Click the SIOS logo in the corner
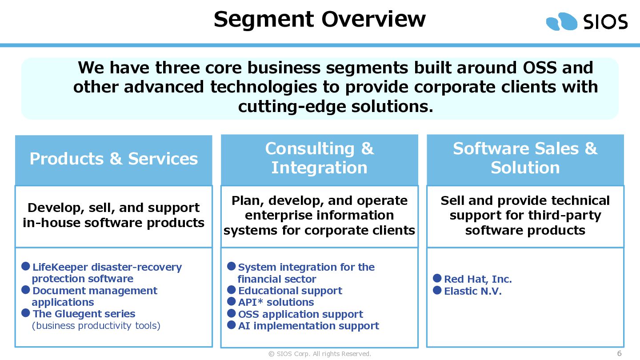587,21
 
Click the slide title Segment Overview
320,20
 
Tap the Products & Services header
114,159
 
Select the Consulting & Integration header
320,158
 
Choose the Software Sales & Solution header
525,158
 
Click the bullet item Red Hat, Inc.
478,279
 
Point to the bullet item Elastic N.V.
472,291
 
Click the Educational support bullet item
290,291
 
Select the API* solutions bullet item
276,302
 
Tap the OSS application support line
300,314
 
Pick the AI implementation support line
308,326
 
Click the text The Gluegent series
84,314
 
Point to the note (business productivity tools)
96,326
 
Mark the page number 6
620,353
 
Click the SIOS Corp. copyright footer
320,354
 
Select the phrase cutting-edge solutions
336,107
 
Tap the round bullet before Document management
26,290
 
